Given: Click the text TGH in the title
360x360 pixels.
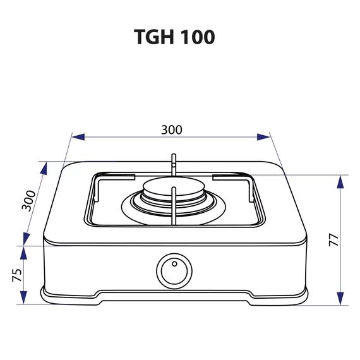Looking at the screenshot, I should (153, 37).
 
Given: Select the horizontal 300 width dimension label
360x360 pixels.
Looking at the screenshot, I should (171, 129).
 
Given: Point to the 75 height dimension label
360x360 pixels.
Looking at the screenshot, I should (17, 275).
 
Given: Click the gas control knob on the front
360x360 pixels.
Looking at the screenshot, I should (172, 271).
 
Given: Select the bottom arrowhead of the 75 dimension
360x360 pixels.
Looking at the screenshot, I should (24, 299).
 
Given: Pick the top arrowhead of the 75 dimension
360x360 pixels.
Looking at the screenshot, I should (24, 252).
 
